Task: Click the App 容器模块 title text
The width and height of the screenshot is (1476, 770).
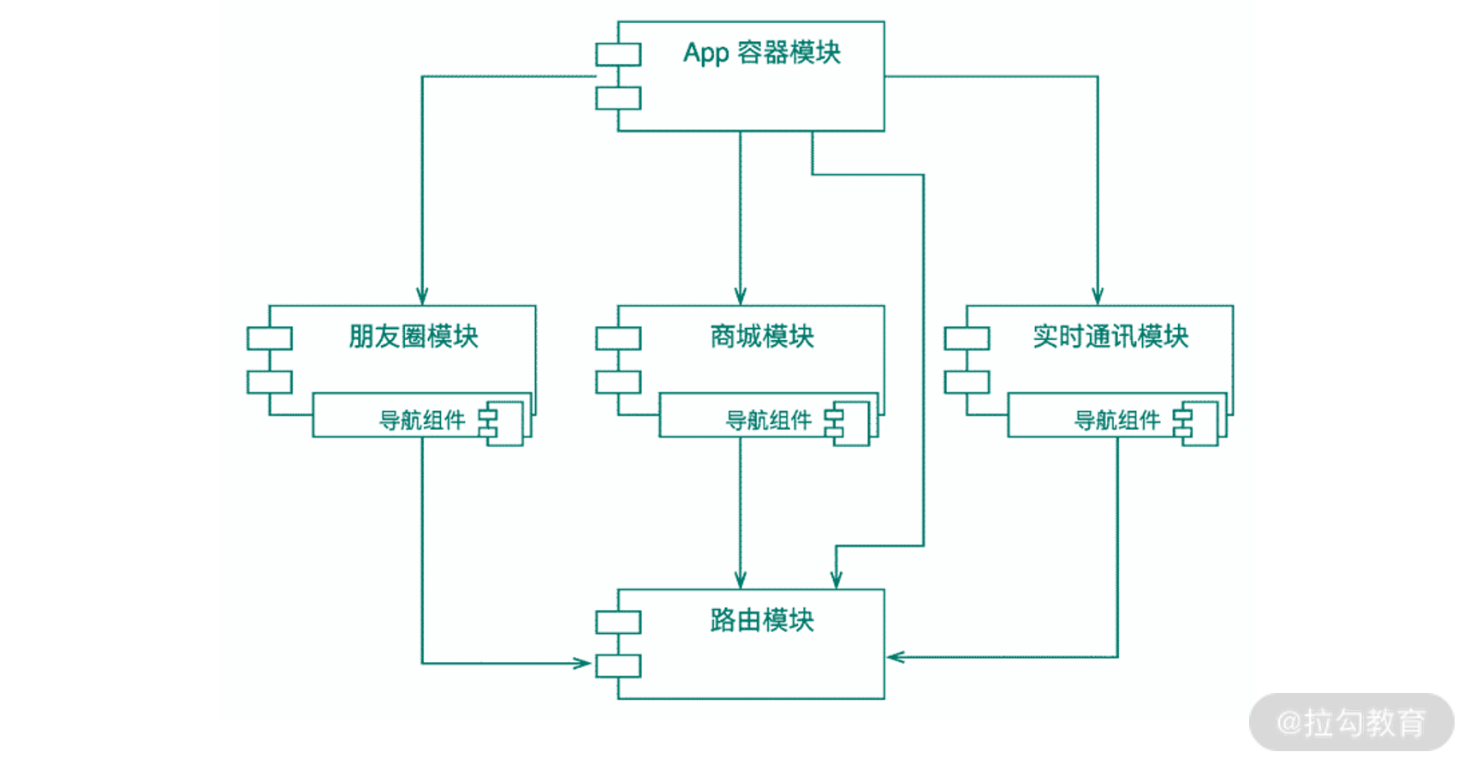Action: [x=761, y=53]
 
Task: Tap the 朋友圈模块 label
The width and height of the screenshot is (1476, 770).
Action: [x=413, y=337]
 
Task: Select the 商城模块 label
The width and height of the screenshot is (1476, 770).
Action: [x=761, y=337]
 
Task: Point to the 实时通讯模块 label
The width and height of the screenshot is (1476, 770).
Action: [x=1110, y=337]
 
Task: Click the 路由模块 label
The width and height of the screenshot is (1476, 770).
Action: [x=761, y=620]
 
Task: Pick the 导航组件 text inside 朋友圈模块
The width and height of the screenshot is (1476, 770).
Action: [x=422, y=421]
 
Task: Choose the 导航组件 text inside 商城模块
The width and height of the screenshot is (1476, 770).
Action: [x=768, y=421]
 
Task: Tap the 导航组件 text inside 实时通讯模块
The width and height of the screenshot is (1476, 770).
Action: [x=1116, y=421]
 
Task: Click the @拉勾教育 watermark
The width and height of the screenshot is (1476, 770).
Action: [x=1351, y=723]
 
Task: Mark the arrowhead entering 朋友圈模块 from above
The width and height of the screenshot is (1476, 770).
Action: [x=422, y=296]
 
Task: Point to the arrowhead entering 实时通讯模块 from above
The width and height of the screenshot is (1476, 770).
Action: [x=1098, y=296]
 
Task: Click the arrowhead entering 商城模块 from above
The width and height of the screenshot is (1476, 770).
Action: [x=741, y=296]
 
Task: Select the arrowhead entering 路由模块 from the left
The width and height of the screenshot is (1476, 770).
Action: [x=582, y=663]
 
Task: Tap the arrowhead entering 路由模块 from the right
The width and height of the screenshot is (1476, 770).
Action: [x=896, y=657]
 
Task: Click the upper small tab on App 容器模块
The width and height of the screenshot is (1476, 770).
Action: [x=618, y=55]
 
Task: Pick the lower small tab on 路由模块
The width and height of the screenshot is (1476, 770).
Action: [x=618, y=666]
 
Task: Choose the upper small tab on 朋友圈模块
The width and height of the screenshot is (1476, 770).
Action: [x=270, y=338]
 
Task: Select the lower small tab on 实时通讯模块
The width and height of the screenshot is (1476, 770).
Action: [x=967, y=382]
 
